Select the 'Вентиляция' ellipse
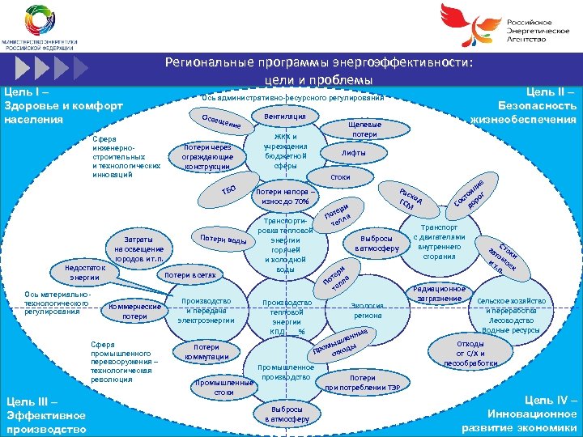tap(279, 117)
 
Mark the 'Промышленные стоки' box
tap(219, 387)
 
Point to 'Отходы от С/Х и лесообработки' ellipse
tap(471, 354)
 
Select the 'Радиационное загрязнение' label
tap(440, 294)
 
